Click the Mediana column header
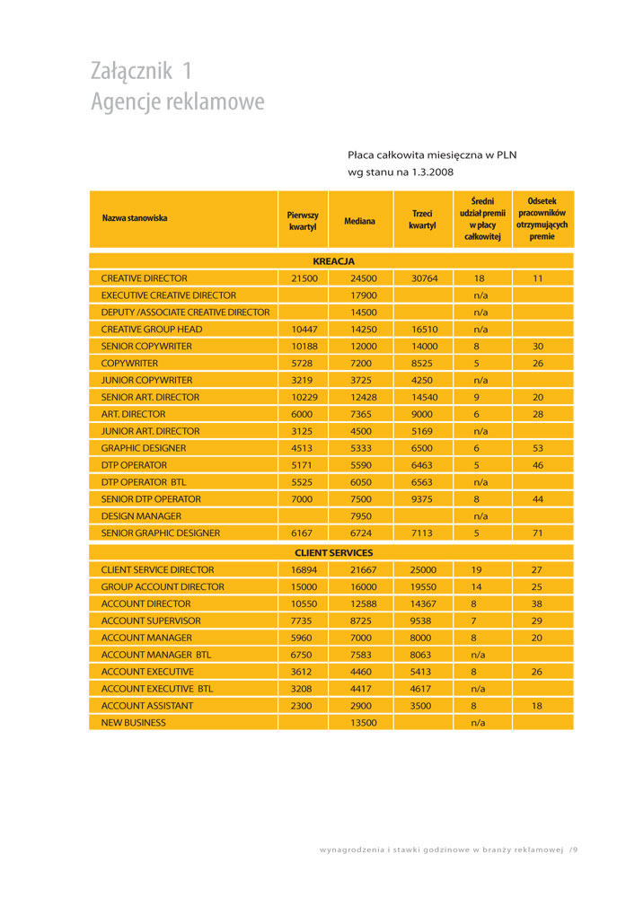359,220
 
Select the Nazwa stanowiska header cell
135,218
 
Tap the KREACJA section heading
333,261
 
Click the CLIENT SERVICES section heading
333,552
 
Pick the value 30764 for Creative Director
424,278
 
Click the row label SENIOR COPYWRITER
146,346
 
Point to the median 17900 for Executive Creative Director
364,295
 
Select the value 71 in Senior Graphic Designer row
538,533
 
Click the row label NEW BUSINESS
133,722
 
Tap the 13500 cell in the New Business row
364,722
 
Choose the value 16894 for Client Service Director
304,569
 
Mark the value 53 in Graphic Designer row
538,448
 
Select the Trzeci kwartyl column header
422,220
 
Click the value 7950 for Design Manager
364,516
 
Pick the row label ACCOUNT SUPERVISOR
151,621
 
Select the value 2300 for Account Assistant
302,706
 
